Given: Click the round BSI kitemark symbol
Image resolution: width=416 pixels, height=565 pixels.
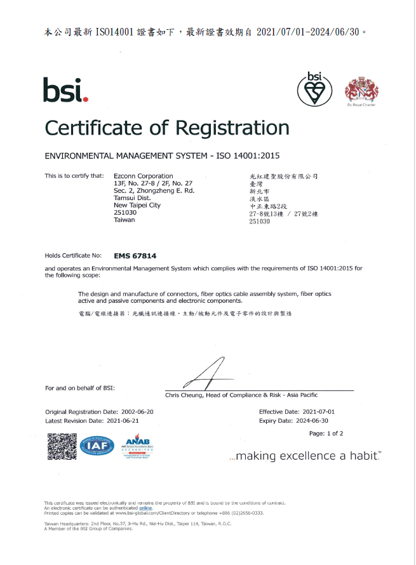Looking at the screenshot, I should pyautogui.click(x=314, y=88).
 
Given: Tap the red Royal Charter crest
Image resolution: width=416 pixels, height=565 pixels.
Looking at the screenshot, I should pyautogui.click(x=361, y=90).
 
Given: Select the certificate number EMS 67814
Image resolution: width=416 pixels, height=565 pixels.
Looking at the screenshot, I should pyautogui.click(x=135, y=255).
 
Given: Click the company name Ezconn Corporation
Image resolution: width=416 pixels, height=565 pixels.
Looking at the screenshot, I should pyautogui.click(x=143, y=176).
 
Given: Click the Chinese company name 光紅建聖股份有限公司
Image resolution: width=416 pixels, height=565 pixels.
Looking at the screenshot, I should pyautogui.click(x=284, y=176).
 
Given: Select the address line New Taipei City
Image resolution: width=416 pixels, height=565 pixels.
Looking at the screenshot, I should pyautogui.click(x=137, y=205).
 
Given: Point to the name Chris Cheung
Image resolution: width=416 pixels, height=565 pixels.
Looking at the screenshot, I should pyautogui.click(x=183, y=395).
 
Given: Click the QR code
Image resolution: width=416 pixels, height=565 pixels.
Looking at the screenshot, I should pyautogui.click(x=62, y=446).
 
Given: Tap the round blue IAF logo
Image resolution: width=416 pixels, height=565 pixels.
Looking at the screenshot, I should pyautogui.click(x=97, y=446).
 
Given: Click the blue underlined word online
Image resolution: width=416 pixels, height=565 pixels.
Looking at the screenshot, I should pyautogui.click(x=146, y=508).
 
